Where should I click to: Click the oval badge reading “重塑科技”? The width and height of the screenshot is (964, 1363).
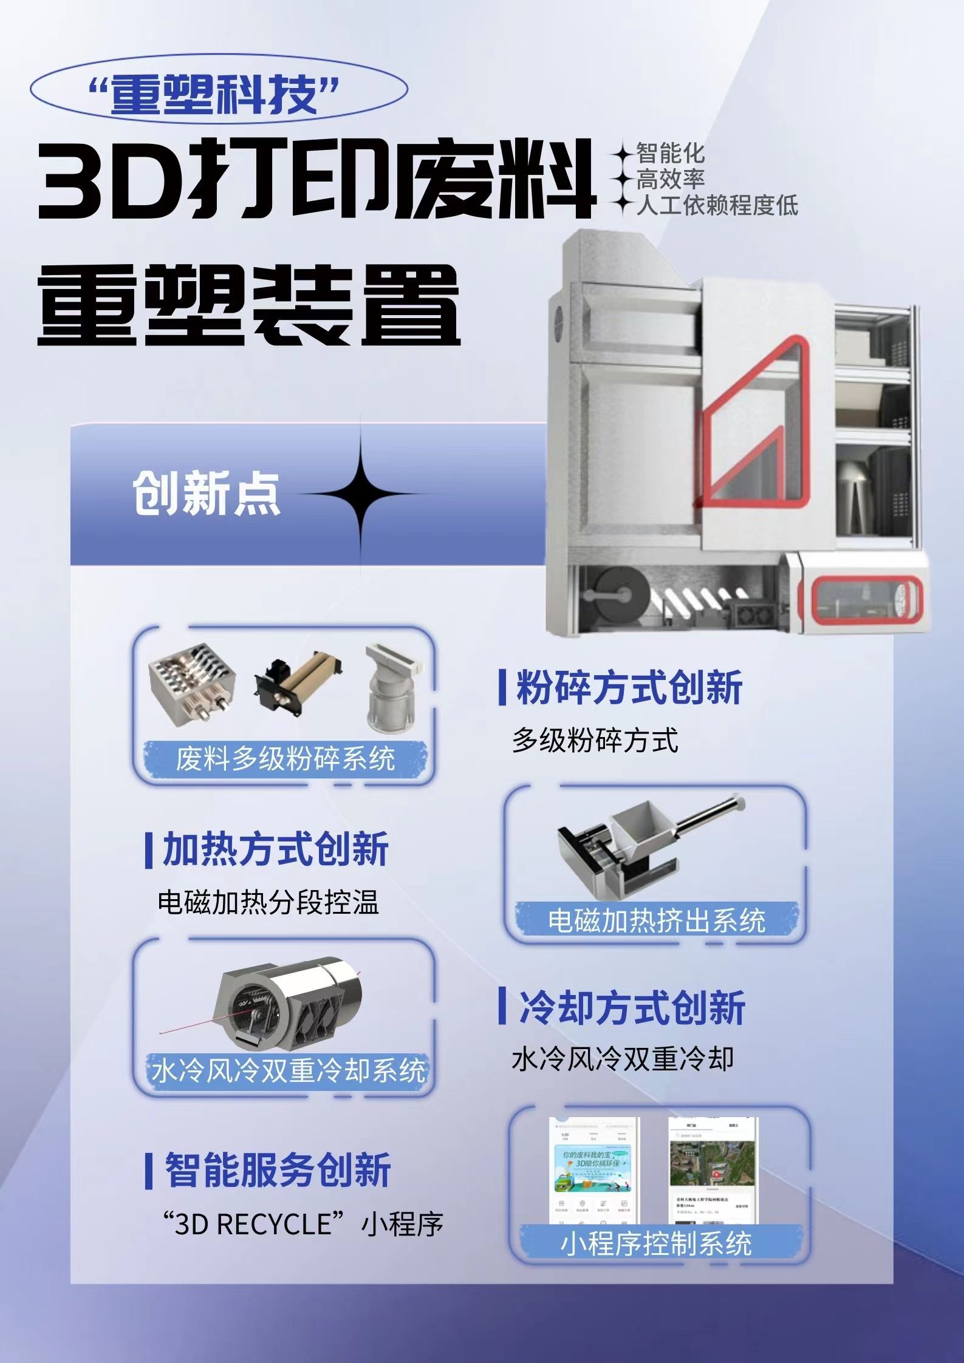point(219,93)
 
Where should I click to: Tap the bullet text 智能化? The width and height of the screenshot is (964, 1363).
point(670,152)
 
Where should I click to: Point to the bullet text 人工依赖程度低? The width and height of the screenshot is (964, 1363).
point(717,205)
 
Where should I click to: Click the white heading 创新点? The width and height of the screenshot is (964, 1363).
point(207,494)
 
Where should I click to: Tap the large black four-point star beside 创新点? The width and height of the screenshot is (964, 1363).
point(361,493)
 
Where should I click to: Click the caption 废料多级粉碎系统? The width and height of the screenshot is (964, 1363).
point(285,758)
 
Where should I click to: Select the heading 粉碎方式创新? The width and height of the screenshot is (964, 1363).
point(629,687)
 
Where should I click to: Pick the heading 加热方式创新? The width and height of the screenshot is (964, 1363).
point(275,849)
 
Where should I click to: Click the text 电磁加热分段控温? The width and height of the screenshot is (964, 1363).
point(268,903)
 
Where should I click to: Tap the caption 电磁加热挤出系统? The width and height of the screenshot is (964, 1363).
point(656,920)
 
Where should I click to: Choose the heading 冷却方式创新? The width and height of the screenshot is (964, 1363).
point(632,1007)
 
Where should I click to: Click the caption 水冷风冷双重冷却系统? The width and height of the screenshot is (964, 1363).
point(287,1070)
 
